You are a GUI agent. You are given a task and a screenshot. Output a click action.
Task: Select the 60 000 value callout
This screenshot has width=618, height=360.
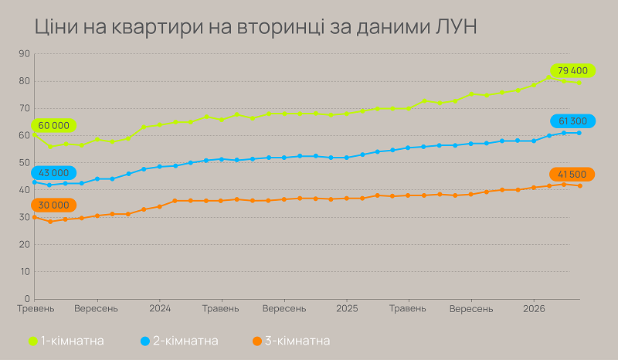tap(51, 125)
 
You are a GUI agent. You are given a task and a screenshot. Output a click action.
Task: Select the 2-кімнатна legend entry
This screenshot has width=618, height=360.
tap(178, 341)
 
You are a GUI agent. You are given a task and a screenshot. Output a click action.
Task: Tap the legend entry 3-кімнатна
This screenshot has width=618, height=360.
tap(291, 341)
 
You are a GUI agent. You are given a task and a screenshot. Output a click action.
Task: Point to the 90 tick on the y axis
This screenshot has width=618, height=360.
tap(24, 54)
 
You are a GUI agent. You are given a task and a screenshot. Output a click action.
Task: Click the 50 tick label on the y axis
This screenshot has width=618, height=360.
tap(24, 163)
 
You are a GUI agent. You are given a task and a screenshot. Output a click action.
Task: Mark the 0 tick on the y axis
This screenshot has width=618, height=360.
tap(26, 299)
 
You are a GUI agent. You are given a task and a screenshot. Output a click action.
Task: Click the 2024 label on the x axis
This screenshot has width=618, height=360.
tap(159, 309)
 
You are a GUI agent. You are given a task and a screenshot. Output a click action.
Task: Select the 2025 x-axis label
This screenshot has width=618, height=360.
tap(346, 309)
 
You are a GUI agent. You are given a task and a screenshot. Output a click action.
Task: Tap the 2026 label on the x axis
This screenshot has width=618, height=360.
tap(533, 309)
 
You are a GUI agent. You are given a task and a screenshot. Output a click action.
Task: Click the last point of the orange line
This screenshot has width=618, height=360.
tap(579, 185)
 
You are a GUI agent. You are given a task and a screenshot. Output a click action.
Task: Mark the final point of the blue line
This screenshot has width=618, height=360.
tap(579, 133)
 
